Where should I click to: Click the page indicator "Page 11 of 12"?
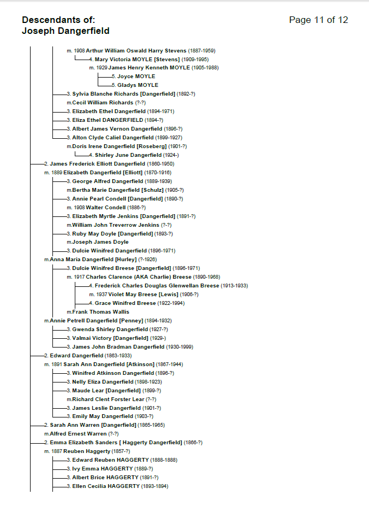[x=318, y=20]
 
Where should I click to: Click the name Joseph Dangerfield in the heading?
[x=66, y=31]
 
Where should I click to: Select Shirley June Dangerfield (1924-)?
[x=136, y=155]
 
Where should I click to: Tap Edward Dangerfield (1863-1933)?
[x=80, y=356]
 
